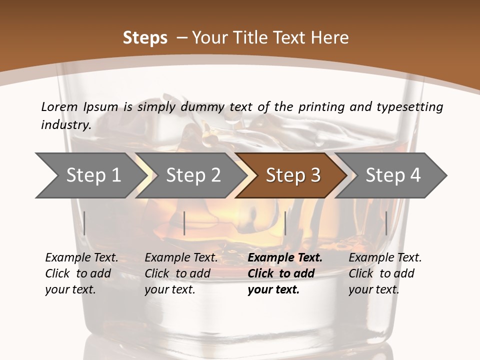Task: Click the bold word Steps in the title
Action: [145, 38]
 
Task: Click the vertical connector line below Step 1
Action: [84, 223]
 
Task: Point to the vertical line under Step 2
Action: [184, 223]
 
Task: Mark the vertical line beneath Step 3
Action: [285, 223]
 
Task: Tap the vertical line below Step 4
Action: [386, 223]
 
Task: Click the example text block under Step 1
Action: [81, 273]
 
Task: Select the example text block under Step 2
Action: [181, 273]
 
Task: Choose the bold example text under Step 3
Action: [284, 273]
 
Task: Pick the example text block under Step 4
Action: [385, 273]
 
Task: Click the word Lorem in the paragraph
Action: [59, 106]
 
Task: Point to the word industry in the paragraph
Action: [66, 125]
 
